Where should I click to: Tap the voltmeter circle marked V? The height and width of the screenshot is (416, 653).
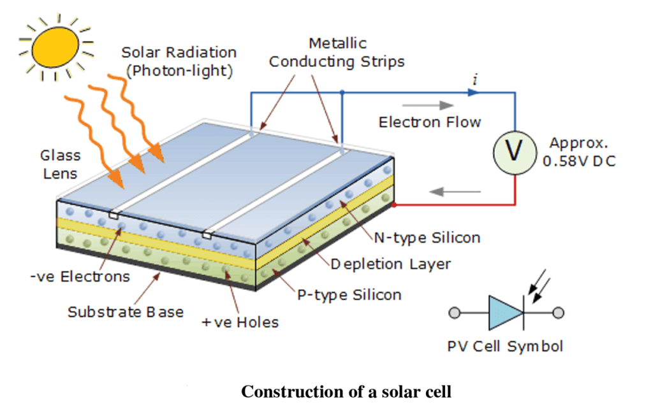tap(514, 151)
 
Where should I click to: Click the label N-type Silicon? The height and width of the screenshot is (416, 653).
tap(427, 238)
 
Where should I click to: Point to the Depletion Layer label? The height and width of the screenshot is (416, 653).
tap(390, 264)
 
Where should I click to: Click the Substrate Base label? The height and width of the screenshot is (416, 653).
tap(126, 312)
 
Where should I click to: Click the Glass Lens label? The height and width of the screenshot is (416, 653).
tap(61, 164)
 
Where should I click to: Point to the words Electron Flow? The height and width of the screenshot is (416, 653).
tap(430, 122)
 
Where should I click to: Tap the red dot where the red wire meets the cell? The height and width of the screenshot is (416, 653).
tap(394, 205)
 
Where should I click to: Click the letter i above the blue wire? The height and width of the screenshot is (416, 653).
tap(474, 79)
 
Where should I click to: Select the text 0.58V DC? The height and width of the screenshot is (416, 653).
tap(579, 161)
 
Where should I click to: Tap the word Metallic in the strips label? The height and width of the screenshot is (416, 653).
tap(337, 43)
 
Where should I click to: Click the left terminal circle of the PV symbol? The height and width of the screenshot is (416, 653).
tap(455, 313)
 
